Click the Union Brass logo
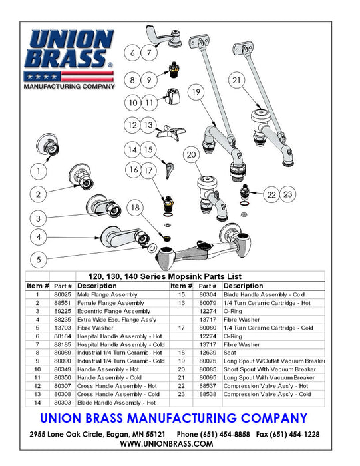pyautogui.click(x=69, y=59)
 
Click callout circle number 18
pyautogui.click(x=136, y=208)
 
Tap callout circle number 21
pyautogui.click(x=238, y=81)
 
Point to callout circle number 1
pyautogui.click(x=39, y=171)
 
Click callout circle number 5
pyautogui.click(x=39, y=259)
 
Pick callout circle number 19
pyautogui.click(x=194, y=92)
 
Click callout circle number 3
pyautogui.click(x=39, y=218)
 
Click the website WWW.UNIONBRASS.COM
pyautogui.click(x=180, y=444)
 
